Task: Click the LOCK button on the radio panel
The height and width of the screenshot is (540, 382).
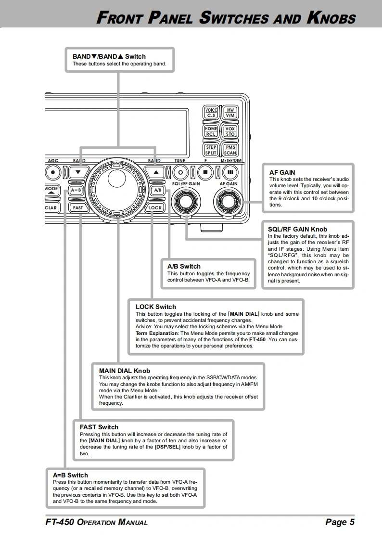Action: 155,208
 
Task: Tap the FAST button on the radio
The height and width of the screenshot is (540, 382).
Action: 78,208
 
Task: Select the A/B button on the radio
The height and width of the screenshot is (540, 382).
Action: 157,190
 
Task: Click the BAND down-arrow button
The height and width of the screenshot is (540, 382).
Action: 78,171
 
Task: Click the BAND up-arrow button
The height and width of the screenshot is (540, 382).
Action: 155,171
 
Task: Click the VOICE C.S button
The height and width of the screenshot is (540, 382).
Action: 211,113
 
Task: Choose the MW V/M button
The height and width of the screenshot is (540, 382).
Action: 229,113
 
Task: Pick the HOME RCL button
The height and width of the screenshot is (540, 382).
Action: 211,131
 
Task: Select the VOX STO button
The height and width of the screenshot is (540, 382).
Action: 229,131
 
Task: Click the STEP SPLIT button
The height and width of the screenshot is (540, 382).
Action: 211,150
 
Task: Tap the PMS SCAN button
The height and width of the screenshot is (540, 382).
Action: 229,150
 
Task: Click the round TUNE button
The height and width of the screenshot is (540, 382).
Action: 179,171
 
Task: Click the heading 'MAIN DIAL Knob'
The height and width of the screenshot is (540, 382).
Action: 125,371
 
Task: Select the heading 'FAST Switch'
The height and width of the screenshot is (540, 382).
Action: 99,427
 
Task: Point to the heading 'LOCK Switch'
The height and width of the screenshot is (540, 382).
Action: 155,307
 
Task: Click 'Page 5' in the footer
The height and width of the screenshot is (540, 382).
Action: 340,522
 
